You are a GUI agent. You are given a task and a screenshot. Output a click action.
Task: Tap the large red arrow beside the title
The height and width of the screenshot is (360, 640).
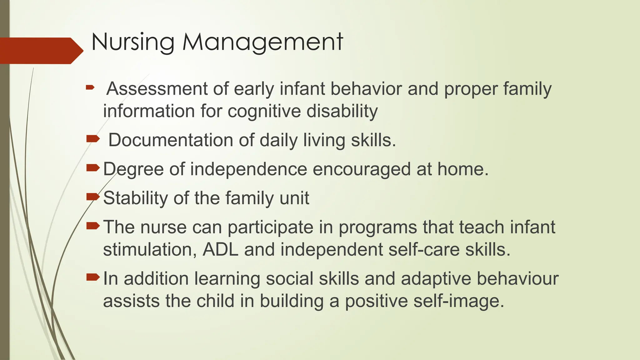click(41, 51)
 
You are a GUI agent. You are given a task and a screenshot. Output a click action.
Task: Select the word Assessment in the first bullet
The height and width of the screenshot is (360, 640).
click(157, 89)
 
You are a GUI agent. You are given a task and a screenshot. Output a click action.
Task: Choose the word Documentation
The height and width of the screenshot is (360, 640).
click(171, 140)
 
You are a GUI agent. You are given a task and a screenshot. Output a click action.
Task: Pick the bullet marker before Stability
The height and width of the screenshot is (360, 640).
click(92, 197)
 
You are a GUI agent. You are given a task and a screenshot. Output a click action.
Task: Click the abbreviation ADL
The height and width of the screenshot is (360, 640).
click(220, 250)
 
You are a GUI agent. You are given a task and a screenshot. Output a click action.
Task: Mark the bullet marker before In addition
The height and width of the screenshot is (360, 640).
click(92, 277)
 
